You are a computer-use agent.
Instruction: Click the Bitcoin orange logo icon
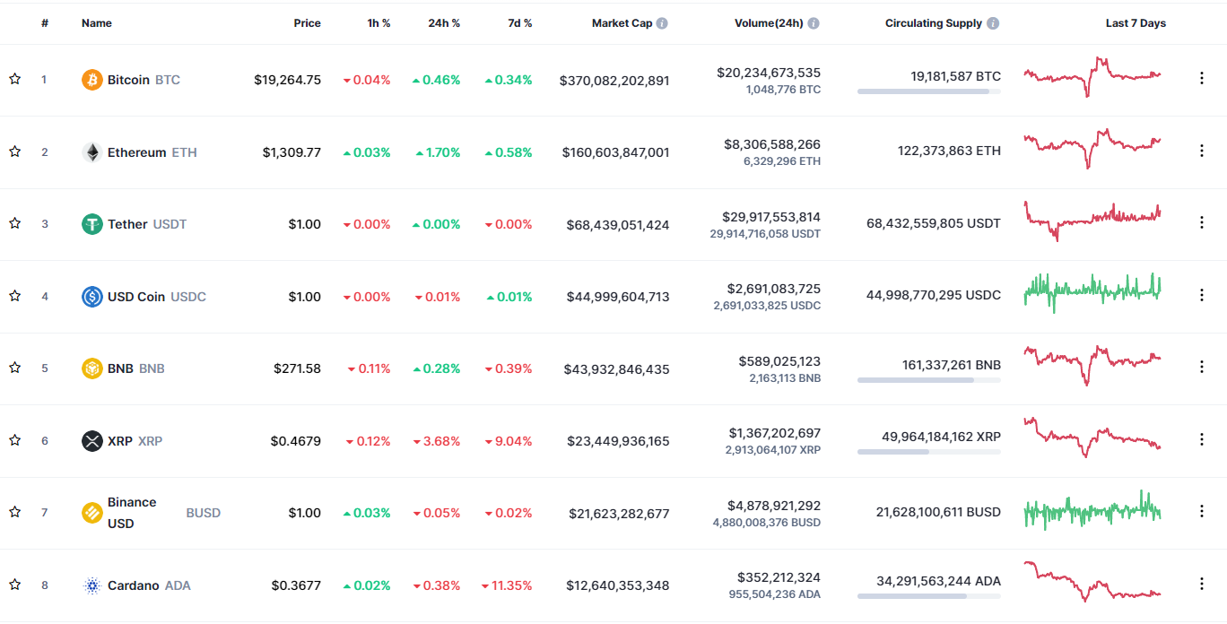pos(92,80)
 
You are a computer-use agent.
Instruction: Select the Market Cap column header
pos(622,23)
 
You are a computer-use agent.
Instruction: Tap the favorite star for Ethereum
pos(14,152)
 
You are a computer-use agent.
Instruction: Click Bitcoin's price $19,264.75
pos(287,80)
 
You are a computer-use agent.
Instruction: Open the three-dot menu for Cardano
pos(1202,584)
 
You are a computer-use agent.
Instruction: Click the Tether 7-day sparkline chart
pos(1092,221)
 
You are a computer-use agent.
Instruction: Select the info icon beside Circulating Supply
pos(993,23)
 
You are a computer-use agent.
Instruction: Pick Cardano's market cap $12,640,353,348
pos(617,585)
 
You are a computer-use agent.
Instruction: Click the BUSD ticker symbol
pos(203,513)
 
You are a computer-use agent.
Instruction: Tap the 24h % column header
pos(444,23)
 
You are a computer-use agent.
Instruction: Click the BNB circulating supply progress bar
pos(928,380)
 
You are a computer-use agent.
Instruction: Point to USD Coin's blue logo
pos(92,297)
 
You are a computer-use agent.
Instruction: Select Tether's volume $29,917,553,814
pos(770,217)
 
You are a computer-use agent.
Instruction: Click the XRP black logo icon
pos(92,441)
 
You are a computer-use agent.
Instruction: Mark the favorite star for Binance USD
pos(14,512)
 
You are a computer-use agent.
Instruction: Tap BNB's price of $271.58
pos(297,368)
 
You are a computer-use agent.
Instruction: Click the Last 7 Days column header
pos(1136,23)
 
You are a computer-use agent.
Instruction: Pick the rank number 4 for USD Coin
pos(44,296)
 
